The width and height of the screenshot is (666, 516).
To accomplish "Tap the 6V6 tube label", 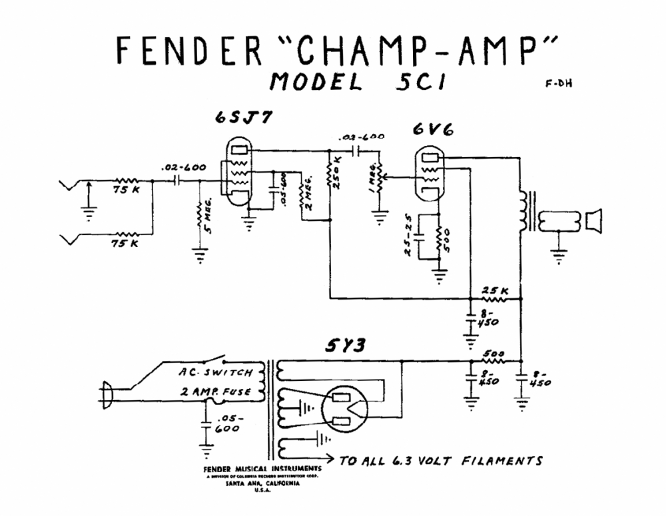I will (432, 130).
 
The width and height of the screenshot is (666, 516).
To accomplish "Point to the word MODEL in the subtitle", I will (316, 83).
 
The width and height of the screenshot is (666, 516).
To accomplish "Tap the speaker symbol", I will (593, 220).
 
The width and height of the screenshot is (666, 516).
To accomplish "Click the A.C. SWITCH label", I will (215, 372).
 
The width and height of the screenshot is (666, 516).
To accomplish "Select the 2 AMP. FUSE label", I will (215, 391).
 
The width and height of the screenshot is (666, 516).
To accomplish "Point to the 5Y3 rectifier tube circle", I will (345, 411).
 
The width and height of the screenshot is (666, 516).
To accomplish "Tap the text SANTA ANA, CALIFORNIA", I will (252, 484).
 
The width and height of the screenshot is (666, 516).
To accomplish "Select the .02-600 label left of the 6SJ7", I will (183, 167).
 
